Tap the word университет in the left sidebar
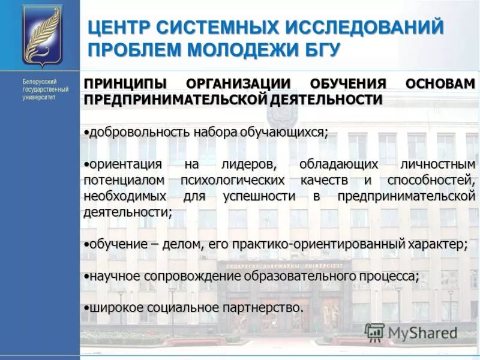coord(39,97)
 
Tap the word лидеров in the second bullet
coord(248,164)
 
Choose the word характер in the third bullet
coord(437,244)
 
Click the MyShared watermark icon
coord(374,332)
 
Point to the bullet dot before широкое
coord(86,307)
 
